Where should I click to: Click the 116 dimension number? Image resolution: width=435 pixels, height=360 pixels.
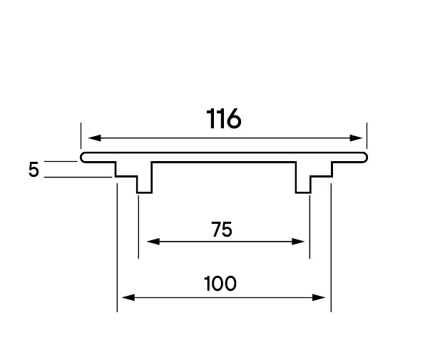224,119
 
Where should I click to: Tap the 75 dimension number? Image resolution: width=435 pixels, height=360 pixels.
222,230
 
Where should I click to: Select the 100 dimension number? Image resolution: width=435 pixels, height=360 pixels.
220,284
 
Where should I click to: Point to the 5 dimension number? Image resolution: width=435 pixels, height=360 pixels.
34,170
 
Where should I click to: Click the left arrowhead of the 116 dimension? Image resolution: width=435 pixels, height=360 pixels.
94,138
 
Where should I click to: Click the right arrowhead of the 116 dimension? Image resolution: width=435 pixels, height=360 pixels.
356,138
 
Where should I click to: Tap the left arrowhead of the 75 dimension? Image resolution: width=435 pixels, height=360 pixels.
153,242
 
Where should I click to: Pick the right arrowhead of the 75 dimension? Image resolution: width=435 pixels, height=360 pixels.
298,242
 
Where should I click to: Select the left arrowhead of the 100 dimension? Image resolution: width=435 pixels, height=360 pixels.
128,297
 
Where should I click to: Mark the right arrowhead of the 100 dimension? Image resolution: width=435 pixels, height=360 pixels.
319,297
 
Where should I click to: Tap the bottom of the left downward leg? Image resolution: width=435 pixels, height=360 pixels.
144,192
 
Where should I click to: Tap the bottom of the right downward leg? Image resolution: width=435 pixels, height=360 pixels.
303,192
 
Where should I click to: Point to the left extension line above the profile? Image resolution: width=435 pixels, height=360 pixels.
81,135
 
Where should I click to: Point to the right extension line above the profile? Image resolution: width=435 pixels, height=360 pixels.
367,135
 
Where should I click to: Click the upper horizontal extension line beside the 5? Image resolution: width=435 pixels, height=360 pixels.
61,161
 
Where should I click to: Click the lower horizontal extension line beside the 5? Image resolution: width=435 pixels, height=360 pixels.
78,177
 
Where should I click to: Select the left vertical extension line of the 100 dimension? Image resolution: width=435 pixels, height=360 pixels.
117,247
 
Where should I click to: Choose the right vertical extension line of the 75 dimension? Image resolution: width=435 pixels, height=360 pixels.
309,227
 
